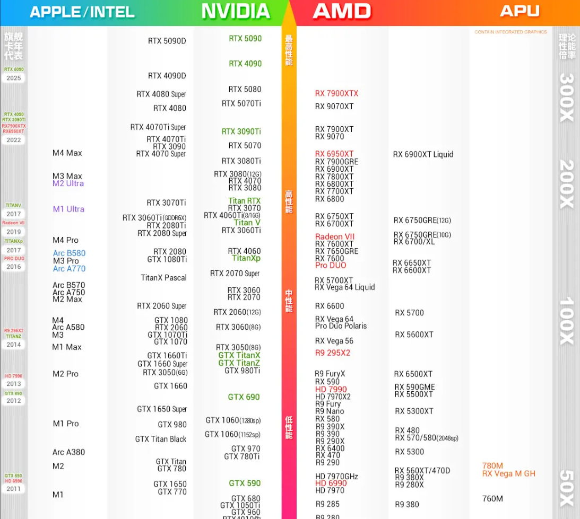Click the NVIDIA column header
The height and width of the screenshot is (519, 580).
236,11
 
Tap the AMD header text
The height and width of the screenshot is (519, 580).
342,11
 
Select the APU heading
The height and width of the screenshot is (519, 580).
520,11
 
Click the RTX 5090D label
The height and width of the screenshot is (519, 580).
167,41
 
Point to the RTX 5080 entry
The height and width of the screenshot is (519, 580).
245,89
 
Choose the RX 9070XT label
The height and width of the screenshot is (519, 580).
334,107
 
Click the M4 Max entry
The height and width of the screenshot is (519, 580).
67,153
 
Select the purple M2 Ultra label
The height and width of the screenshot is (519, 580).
68,183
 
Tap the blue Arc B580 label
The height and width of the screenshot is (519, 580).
69,253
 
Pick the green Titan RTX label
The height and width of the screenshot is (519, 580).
244,201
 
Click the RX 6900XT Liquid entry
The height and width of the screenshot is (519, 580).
423,154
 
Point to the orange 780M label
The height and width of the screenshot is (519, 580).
492,466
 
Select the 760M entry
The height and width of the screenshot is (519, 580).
492,498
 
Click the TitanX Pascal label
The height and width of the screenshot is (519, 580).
163,278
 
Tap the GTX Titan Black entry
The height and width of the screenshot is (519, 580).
161,439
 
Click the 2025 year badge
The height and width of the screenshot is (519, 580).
14,78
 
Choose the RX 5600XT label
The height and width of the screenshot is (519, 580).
414,335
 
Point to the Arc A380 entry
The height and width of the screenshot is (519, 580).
68,452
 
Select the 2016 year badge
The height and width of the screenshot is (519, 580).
14,267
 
